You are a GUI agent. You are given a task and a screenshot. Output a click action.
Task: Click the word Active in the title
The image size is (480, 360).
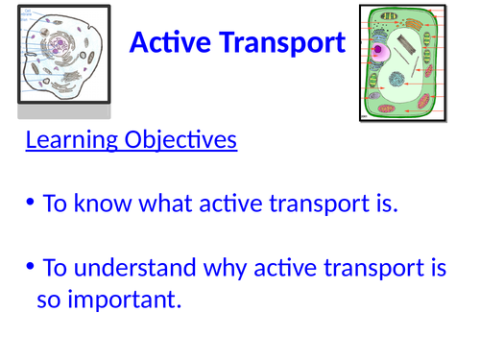pyautogui.click(x=165, y=42)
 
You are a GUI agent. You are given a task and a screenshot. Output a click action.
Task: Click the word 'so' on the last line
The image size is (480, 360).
pyautogui.click(x=48, y=300)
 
